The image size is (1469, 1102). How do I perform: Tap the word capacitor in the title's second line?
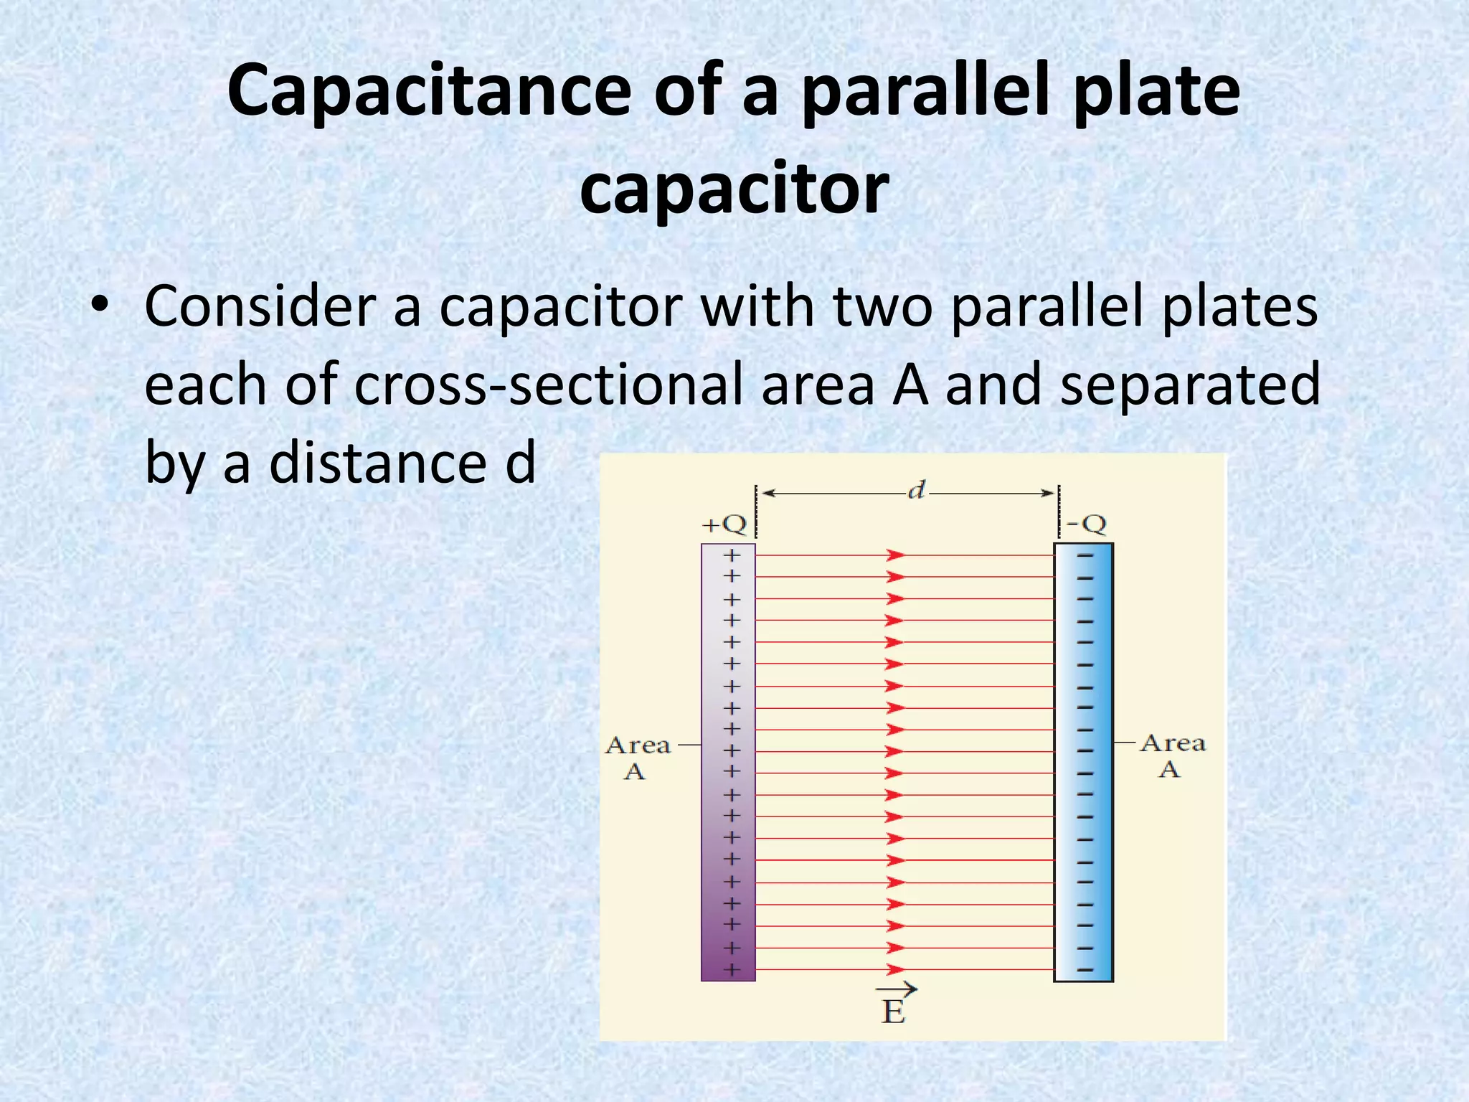(x=734, y=189)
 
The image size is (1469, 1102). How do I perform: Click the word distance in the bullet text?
(x=380, y=463)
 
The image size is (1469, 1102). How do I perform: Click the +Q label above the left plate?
(x=724, y=524)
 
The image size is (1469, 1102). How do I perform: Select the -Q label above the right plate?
(x=1086, y=524)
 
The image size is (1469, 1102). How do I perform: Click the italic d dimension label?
(x=916, y=491)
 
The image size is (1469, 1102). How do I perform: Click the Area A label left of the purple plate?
(x=638, y=757)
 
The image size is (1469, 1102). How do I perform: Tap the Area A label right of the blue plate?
(x=1172, y=755)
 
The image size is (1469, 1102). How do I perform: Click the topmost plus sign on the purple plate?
(x=731, y=555)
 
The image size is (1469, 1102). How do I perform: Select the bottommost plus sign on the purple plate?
(x=731, y=970)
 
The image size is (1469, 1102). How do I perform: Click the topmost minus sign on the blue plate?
(x=1085, y=555)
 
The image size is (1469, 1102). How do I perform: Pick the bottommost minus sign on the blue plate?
(x=1085, y=970)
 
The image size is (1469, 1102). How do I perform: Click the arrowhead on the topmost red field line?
(x=895, y=555)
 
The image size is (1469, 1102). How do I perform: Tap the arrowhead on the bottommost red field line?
(x=895, y=970)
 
